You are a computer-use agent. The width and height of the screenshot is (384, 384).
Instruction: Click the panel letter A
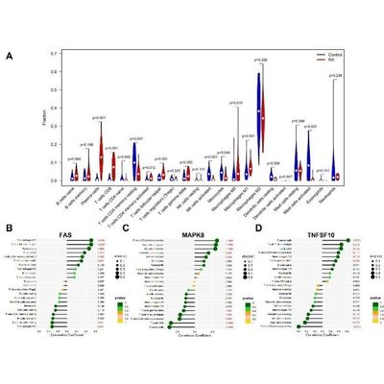point(9,55)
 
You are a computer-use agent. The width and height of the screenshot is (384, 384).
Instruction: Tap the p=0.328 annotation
point(259,60)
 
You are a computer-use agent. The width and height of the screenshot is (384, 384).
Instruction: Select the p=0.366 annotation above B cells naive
point(74,158)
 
